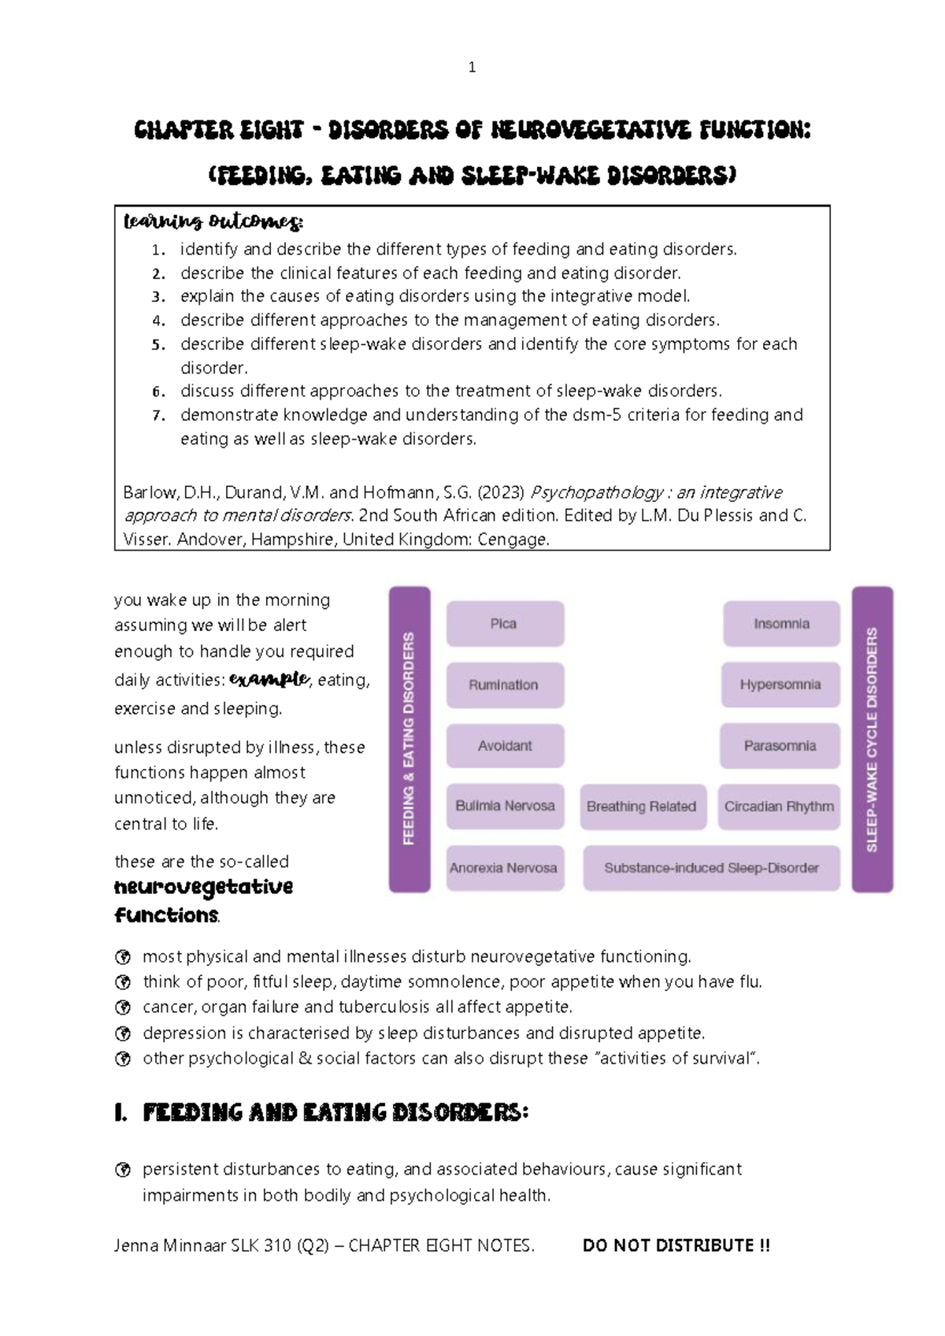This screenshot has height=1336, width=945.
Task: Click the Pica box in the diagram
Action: (x=505, y=624)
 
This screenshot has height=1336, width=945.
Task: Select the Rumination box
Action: (x=505, y=685)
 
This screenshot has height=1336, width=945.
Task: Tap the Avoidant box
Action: (x=505, y=745)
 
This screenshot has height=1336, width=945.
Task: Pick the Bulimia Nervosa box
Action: (x=505, y=806)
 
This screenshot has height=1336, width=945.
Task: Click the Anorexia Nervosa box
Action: (x=505, y=867)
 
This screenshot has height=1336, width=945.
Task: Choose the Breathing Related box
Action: (x=641, y=807)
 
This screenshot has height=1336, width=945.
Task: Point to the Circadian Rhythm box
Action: (x=779, y=807)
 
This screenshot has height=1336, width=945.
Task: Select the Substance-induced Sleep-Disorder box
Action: (x=711, y=867)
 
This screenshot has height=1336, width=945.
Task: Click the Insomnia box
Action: (x=781, y=624)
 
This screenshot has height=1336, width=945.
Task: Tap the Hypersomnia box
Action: (x=780, y=685)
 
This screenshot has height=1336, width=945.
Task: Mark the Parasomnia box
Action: (x=780, y=745)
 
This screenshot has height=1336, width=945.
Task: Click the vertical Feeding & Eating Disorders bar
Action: (x=409, y=738)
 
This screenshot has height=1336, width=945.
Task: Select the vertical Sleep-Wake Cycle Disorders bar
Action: (x=872, y=738)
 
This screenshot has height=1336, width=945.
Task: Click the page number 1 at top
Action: (x=472, y=68)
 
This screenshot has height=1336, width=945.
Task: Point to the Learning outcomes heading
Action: (x=213, y=222)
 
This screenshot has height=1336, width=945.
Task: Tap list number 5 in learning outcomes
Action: (x=159, y=344)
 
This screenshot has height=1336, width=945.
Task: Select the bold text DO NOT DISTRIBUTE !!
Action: (x=676, y=1245)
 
